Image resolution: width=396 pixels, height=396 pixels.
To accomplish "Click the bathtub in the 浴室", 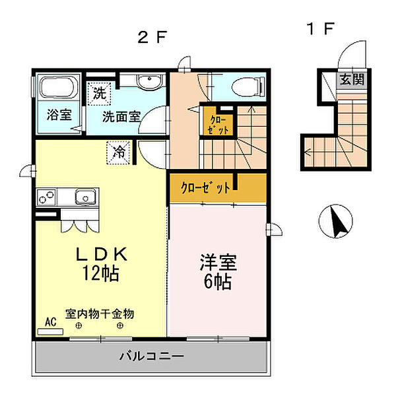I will pyautogui.click(x=56, y=88).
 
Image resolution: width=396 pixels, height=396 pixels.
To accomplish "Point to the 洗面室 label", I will pyautogui.click(x=121, y=116).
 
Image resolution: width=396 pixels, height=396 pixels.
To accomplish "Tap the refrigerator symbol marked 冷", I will pyautogui.click(x=119, y=152).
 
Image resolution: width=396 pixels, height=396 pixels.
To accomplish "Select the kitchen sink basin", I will pyautogui.click(x=86, y=197).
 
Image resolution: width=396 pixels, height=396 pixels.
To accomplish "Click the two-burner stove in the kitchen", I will pyautogui.click(x=48, y=197).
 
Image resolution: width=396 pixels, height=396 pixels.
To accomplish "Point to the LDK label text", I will pyautogui.click(x=99, y=254).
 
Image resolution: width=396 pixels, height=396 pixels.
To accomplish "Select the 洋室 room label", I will pyautogui.click(x=218, y=262).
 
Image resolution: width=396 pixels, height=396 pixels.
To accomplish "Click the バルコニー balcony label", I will pyautogui.click(x=151, y=356).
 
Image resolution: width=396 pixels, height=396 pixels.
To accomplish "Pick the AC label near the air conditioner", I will pyautogui.click(x=50, y=321).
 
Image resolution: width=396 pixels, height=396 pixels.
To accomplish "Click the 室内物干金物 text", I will pyautogui.click(x=99, y=313).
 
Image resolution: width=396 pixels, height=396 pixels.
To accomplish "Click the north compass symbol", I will pyautogui.click(x=338, y=222).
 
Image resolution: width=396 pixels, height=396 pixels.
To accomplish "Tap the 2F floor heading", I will pyautogui.click(x=151, y=37).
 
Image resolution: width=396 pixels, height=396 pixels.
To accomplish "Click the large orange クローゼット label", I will pyautogui.click(x=206, y=188).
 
